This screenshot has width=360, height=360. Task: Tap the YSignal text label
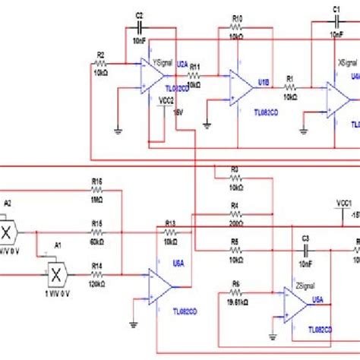[x=163, y=65]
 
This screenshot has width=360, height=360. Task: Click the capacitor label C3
[x=306, y=238]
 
